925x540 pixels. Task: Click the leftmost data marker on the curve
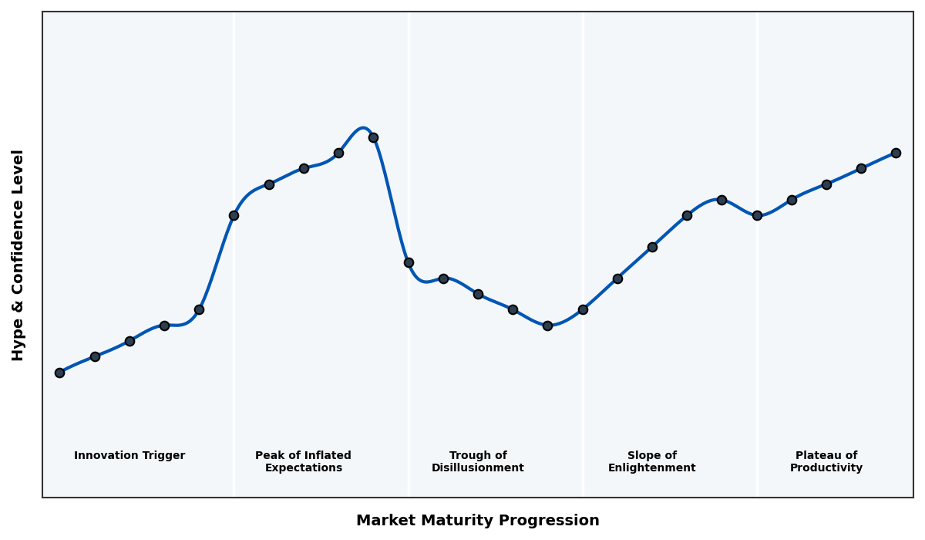[59, 373]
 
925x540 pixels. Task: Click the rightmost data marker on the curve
[896, 153]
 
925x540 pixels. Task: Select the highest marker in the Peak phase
[373, 137]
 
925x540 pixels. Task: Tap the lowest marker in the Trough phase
[547, 326]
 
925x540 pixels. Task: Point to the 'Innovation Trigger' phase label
[129, 456]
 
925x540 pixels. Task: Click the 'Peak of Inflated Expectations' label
[303, 462]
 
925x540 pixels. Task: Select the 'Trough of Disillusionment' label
[477, 462]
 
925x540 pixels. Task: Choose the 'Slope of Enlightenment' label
[651, 462]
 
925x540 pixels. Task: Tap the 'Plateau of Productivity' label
[826, 462]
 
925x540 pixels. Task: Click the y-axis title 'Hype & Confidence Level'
[18, 255]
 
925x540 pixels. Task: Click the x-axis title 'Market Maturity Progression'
[477, 521]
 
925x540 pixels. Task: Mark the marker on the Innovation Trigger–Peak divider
[234, 215]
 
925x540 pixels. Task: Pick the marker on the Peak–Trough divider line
[409, 262]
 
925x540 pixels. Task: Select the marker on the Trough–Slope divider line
[583, 309]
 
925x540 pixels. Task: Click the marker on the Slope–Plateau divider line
[757, 215]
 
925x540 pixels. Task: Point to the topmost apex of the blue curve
[362, 128]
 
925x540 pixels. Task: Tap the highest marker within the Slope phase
[721, 200]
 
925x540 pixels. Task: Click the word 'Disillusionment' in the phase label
[477, 468]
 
